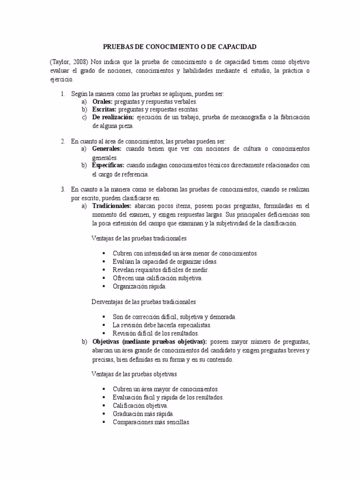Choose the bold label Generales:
107,149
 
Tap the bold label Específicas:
108,165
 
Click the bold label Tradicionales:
112,206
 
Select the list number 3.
62,189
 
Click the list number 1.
62,94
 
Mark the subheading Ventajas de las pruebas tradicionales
139,238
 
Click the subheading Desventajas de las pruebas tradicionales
143,301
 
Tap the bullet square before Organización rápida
103,286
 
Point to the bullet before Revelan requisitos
103,270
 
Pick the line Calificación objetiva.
140,405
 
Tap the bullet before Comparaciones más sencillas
103,422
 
